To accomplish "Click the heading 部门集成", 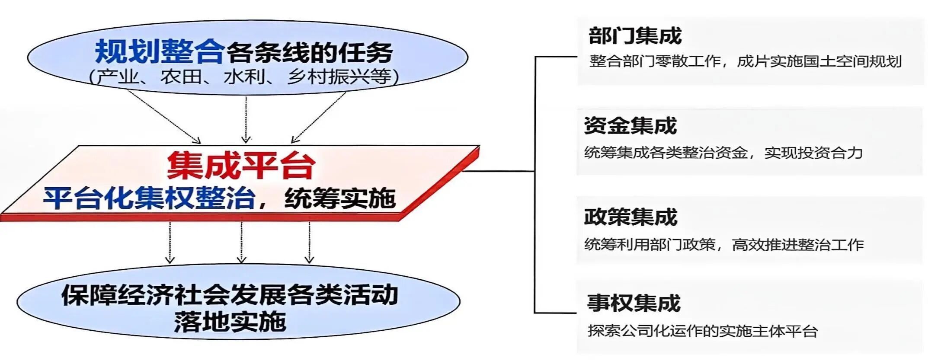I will [x=635, y=35].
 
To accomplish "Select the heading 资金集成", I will [x=630, y=126].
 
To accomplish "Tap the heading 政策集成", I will [x=630, y=217].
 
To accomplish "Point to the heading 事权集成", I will [x=634, y=303].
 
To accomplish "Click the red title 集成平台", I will [x=241, y=165].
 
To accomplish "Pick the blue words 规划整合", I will [x=160, y=52].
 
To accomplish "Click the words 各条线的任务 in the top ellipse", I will [x=309, y=53].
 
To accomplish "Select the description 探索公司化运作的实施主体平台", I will [x=702, y=331].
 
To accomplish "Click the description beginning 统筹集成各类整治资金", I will [x=723, y=153].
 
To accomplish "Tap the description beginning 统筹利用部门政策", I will [x=723, y=245].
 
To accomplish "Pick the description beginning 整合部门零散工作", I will [x=745, y=61].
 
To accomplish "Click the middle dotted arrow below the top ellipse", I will [x=246, y=119].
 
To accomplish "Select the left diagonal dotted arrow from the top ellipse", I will [x=164, y=116].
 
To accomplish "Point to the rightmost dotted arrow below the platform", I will [x=309, y=242].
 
